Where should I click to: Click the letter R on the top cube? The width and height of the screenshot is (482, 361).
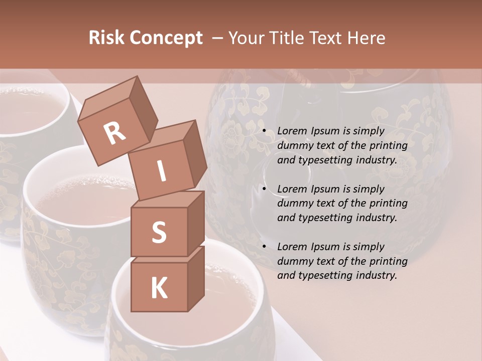click(x=114, y=133)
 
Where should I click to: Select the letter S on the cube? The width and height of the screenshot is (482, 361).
click(x=159, y=232)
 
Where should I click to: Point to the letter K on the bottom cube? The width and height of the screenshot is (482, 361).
click(x=159, y=288)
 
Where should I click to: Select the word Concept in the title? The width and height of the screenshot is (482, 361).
click(x=166, y=38)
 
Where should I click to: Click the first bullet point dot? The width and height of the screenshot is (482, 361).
click(x=264, y=131)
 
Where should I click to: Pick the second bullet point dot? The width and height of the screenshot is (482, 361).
click(x=264, y=189)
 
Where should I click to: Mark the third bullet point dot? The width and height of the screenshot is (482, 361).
click(x=264, y=247)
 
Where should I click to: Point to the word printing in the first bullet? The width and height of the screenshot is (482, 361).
click(x=388, y=146)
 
